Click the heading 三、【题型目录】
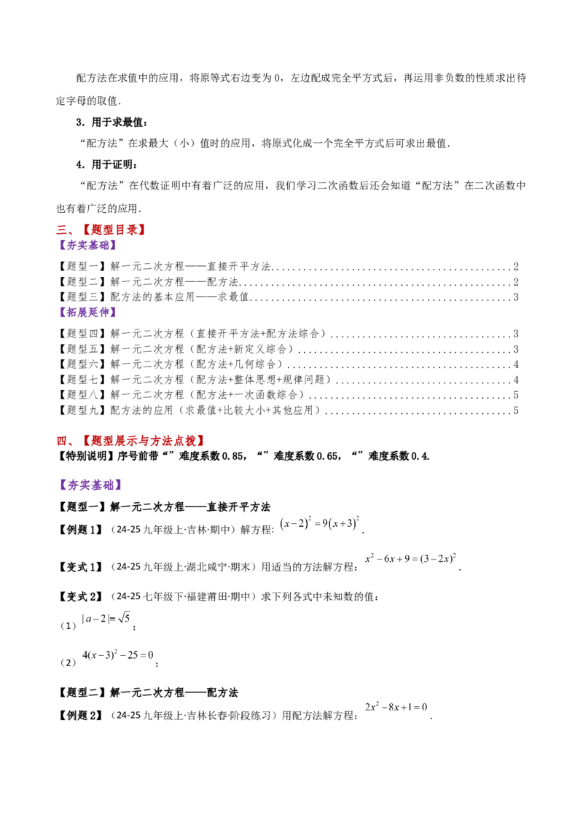tap(101, 230)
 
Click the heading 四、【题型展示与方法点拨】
tap(130, 440)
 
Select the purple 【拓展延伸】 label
tap(87, 312)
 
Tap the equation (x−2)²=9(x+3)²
tap(320, 523)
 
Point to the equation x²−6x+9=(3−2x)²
tap(411, 559)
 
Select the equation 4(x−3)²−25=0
tap(118, 655)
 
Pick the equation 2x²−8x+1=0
tap(396, 707)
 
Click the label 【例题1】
tap(80, 530)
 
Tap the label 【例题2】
tap(80, 716)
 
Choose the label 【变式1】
tap(80, 567)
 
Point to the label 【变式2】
tap(80, 597)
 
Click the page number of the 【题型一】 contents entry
tap(516, 266)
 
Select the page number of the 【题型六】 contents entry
tap(516, 364)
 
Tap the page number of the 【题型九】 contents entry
tap(516, 410)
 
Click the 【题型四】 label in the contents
tap(82, 334)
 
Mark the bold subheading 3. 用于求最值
tap(111, 122)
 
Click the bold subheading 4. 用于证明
tap(107, 165)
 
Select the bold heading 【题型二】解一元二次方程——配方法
tap(148, 692)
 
